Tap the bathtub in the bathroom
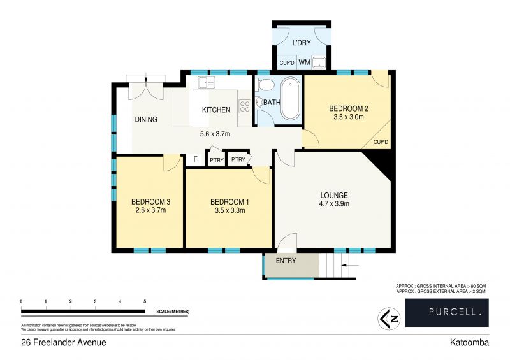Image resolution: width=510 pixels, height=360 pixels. (290, 99)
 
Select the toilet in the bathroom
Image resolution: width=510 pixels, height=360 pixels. (266, 85)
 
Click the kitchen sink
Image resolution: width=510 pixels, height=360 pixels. (207, 82)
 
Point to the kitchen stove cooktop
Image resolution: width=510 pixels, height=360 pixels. (244, 106)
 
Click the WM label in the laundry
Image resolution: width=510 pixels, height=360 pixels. (304, 62)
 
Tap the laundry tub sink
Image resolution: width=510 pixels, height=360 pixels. (320, 62)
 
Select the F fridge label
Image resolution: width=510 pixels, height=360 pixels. (195, 160)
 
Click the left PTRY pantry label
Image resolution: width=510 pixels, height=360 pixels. (217, 160)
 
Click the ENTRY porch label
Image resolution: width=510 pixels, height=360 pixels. (286, 261)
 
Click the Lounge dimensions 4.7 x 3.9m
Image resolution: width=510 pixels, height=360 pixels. (334, 204)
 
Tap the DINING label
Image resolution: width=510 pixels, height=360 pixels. (145, 119)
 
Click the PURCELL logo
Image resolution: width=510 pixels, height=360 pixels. (446, 312)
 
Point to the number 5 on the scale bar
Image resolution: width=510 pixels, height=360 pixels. (145, 301)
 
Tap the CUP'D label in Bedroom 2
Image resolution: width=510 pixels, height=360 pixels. (381, 141)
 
